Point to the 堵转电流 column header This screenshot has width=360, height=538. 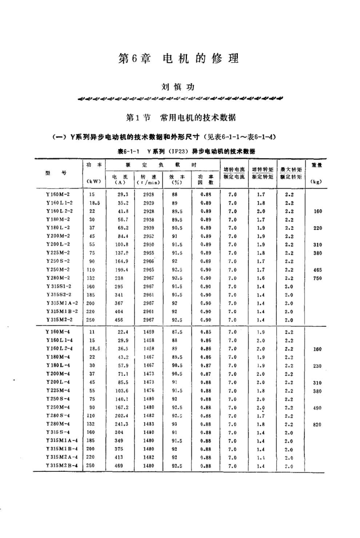[x=234, y=170]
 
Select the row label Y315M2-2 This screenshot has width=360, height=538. [x=56, y=320]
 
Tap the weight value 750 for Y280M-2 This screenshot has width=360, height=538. [x=317, y=278]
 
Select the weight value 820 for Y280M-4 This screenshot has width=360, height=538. [x=317, y=424]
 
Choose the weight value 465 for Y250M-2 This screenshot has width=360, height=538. [x=317, y=270]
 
